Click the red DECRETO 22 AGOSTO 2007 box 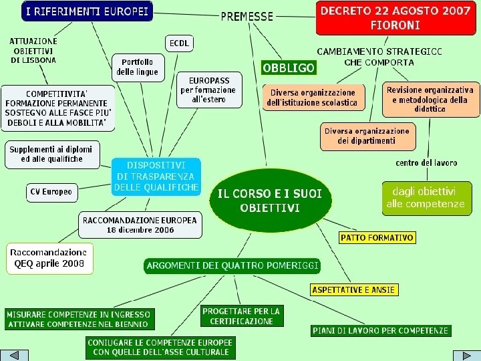coord(395,18)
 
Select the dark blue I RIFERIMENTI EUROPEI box coord(88,11)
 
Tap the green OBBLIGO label coord(289,68)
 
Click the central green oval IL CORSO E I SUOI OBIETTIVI coord(270,200)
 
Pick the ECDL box coord(179,43)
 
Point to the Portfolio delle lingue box coord(138,67)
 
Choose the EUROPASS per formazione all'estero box coord(209,90)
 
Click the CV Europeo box coord(51,192)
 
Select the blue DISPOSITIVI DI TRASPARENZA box coord(156,176)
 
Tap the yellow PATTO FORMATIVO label coord(377,237)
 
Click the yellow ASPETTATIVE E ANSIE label coord(354,289)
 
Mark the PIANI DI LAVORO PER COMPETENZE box coord(381,330)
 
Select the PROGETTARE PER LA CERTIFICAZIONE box coord(241,316)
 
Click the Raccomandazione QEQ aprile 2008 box coord(50,258)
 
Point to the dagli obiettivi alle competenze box coord(424,198)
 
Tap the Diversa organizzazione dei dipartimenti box coord(367,136)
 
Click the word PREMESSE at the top coord(247,16)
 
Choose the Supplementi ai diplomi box coord(51,154)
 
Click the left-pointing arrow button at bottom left coord(14,355)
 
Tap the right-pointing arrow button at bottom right coord(466,355)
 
